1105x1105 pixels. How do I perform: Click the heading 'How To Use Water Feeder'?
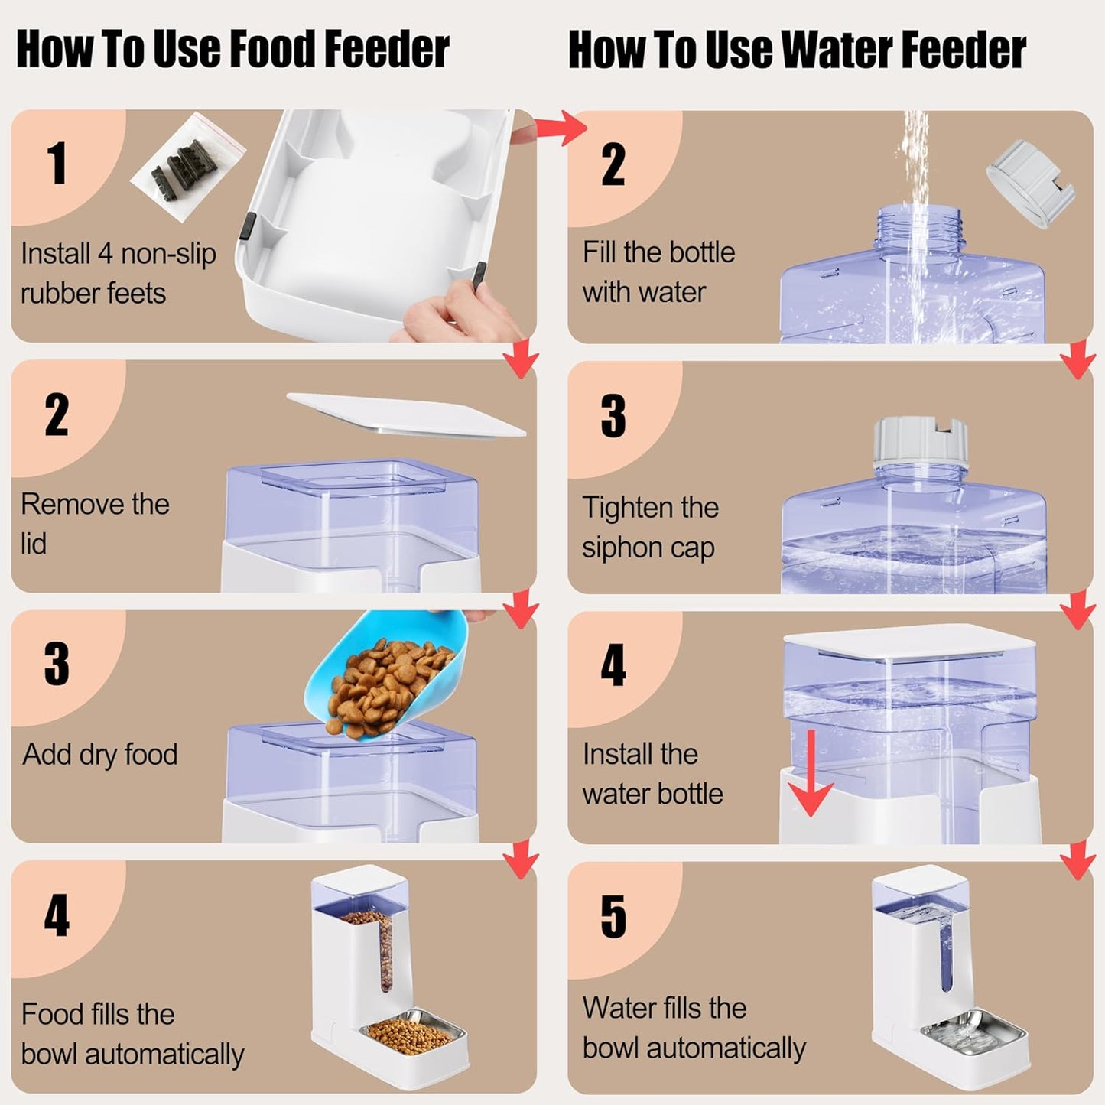pos(797,50)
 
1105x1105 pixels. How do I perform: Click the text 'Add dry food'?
pos(100,754)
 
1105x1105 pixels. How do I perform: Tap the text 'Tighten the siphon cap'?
pos(650,528)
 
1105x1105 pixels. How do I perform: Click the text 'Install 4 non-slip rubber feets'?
pos(119,273)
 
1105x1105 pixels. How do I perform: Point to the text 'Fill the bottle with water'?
pos(658,272)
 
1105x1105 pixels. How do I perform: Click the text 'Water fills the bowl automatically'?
pos(694,1028)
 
